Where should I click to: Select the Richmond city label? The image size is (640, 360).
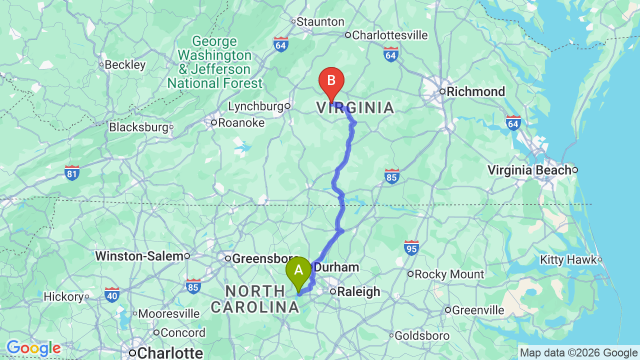pos(475,91)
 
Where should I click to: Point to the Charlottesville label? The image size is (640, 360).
pos(389,35)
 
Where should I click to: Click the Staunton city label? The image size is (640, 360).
pos(320,22)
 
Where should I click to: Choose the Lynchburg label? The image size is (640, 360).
pos(256,106)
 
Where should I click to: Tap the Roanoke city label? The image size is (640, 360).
pos(241,122)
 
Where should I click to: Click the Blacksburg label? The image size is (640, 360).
pos(138,127)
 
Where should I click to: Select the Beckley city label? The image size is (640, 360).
pos(124,64)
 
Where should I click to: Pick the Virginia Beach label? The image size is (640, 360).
pos(529,170)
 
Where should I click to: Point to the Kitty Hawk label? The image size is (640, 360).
pos(568,259)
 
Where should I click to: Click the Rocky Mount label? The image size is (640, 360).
pos(449,274)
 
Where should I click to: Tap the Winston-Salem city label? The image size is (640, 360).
pos(139,256)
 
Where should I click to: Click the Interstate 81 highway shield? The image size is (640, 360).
pos(72,172)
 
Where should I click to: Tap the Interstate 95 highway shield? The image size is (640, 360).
pos(411,247)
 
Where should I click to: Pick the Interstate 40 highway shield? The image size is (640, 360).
pos(112,294)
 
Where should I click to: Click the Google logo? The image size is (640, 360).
pos(33,348)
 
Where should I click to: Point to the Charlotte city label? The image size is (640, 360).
pos(170,353)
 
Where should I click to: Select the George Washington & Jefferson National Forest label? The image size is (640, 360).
pos(215,62)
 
